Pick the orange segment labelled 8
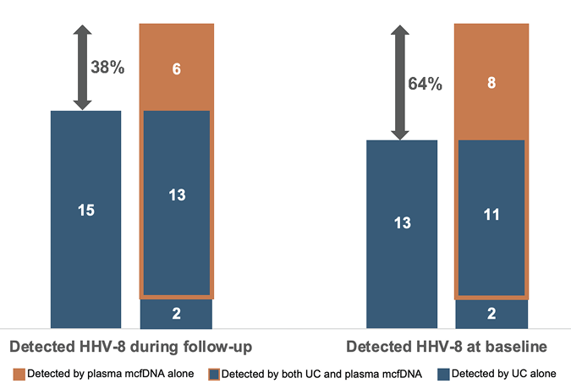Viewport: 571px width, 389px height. pos(491,83)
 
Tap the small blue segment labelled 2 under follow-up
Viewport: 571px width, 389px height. pos(177,314)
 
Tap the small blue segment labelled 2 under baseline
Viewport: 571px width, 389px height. pos(491,314)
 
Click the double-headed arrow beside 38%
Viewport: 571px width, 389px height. pos(82,68)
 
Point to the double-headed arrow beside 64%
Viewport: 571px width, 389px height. pos(400,83)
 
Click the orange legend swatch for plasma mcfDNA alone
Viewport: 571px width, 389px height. pos(19,373)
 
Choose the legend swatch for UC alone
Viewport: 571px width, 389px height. pos(443,373)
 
